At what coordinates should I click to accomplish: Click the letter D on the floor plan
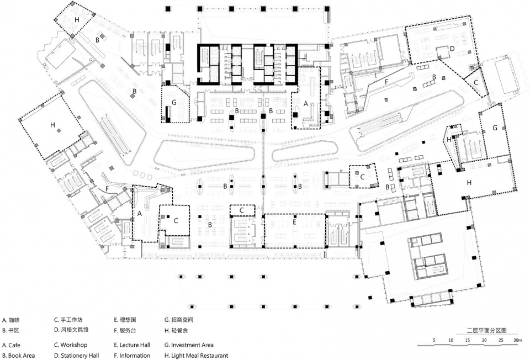pyautogui.click(x=452, y=49)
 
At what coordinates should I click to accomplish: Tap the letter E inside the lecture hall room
pyautogui.click(x=294, y=222)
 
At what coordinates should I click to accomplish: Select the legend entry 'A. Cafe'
pyautogui.click(x=11, y=345)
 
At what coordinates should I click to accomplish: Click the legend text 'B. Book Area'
pyautogui.click(x=18, y=356)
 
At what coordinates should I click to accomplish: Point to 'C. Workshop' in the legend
pyautogui.click(x=71, y=345)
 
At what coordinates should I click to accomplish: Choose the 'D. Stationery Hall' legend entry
pyautogui.click(x=76, y=356)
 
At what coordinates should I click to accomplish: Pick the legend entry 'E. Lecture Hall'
pyautogui.click(x=132, y=345)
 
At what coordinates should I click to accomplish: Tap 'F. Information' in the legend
pyautogui.click(x=132, y=356)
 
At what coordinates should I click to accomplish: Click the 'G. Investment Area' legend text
pyautogui.click(x=189, y=345)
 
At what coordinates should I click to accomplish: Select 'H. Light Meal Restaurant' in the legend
pyautogui.click(x=197, y=356)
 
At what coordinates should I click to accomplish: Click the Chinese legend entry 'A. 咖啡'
pyautogui.click(x=11, y=320)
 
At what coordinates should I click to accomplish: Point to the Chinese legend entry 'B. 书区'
pyautogui.click(x=10, y=330)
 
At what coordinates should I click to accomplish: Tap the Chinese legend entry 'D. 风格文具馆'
pyautogui.click(x=71, y=330)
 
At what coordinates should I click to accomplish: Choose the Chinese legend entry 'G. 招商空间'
pyautogui.click(x=179, y=320)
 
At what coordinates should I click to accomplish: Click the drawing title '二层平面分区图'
pyautogui.click(x=487, y=331)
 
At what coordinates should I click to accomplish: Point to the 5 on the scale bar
pyautogui.click(x=434, y=340)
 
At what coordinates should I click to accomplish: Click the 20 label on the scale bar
pyautogui.click(x=484, y=340)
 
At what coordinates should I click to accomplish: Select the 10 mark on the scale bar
pyautogui.click(x=451, y=340)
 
